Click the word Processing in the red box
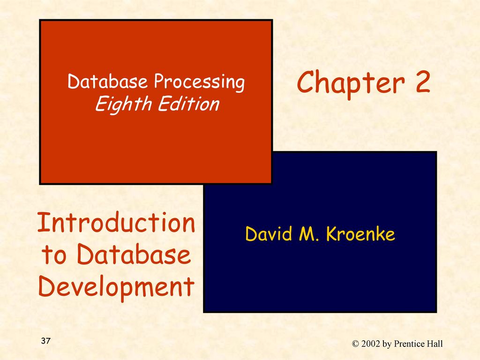click(199, 82)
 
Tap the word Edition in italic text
click(188, 104)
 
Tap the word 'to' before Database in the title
click(54, 255)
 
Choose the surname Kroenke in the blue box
click(360, 234)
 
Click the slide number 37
click(45, 341)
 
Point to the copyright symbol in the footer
click(355, 344)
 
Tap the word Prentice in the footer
click(408, 344)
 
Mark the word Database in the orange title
click(134, 255)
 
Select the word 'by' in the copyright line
click(387, 345)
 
